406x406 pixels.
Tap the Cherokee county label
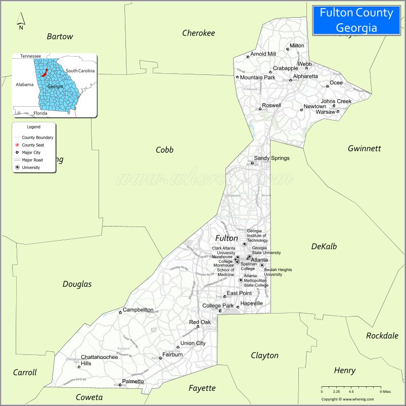pos(198,33)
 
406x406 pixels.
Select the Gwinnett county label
pos(364,148)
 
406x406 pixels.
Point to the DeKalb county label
pos(324,246)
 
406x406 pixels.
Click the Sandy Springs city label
pos(272,158)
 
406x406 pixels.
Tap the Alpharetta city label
pos(306,76)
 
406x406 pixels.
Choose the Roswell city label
pos(272,105)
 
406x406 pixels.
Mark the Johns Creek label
pos(336,101)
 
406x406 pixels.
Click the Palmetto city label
pos(133,381)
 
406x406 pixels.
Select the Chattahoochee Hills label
pos(99,360)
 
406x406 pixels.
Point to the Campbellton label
pos(138,309)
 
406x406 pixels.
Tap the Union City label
pos(193,343)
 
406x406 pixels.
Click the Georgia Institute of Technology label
pos(257,236)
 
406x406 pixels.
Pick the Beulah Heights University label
pos(278,272)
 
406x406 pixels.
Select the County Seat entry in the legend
pos(32,145)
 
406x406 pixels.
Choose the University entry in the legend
pos(30,167)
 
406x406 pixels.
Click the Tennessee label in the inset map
pos(30,56)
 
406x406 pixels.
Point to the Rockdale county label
pos(382,335)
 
